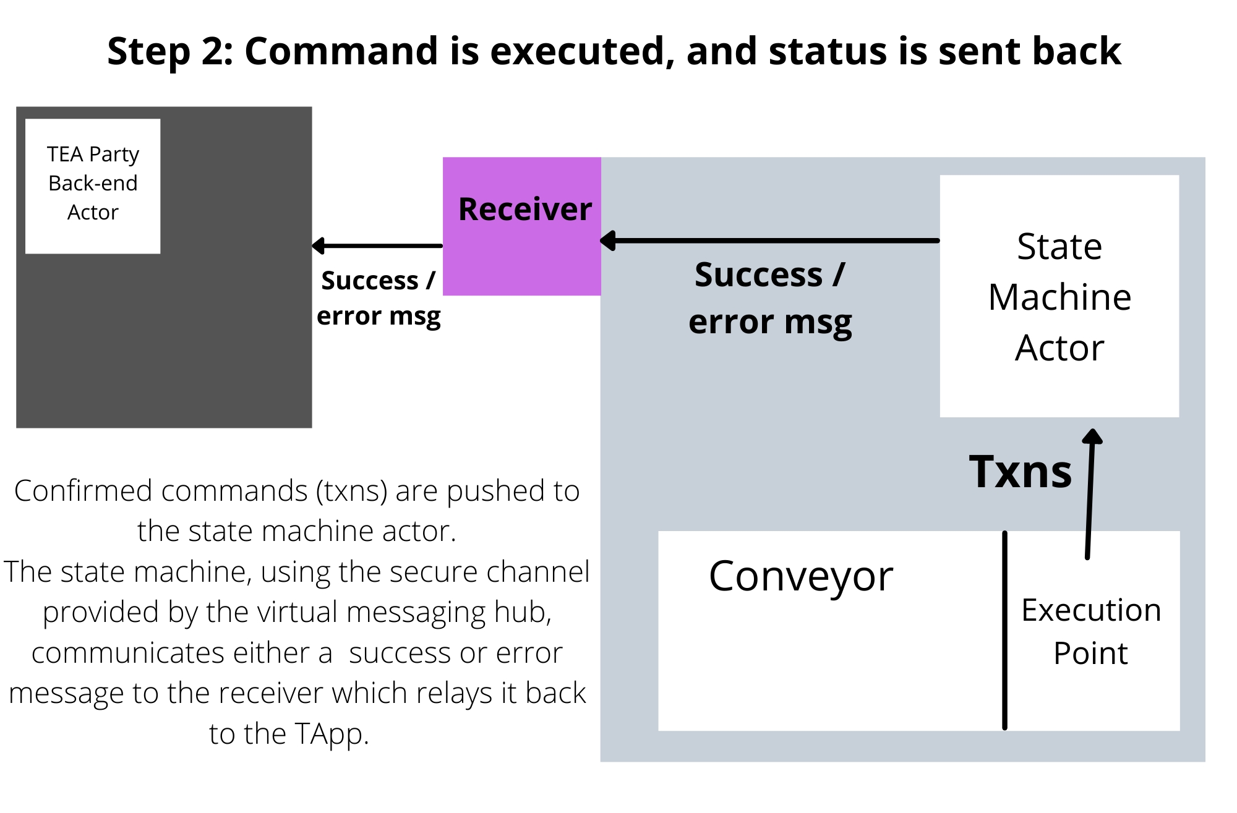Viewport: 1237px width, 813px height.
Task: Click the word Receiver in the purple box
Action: [524, 209]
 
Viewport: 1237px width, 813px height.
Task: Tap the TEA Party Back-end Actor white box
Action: [93, 185]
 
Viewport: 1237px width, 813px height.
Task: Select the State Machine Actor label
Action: [1059, 297]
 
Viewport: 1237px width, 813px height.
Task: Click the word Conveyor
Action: [800, 576]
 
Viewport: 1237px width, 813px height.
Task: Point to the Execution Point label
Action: [1091, 631]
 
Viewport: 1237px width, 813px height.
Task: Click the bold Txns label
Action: [1020, 472]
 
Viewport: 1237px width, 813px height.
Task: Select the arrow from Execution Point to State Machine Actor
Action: [1090, 495]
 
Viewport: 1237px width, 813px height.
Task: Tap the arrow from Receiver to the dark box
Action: [377, 246]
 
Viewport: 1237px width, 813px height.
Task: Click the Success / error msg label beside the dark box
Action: [379, 298]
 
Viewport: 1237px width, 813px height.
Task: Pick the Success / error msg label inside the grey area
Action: [769, 298]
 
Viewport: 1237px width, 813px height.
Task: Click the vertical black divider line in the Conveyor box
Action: [1004, 631]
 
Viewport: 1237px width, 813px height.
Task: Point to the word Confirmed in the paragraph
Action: [83, 491]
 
